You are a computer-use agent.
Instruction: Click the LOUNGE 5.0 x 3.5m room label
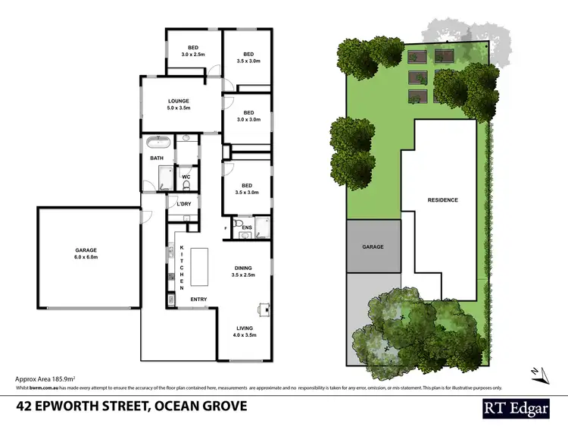point(179,104)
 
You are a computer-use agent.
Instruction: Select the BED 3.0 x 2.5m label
point(193,51)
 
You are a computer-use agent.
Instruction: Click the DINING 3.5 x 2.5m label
point(244,272)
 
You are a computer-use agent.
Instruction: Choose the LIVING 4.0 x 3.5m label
point(244,330)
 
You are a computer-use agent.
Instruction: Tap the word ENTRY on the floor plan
point(198,299)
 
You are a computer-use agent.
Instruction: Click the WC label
point(186,177)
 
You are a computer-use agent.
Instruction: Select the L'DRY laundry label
point(183,205)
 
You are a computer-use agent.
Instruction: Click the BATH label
point(157,159)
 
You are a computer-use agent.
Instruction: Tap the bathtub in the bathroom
point(158,142)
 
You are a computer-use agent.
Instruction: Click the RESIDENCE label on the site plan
point(443,200)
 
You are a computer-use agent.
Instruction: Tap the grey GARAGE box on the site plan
point(373,246)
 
